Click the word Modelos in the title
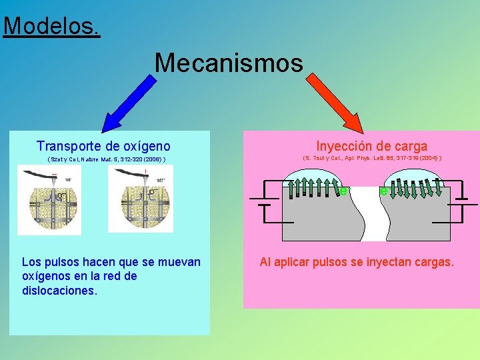[x=51, y=26]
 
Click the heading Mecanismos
[x=229, y=63]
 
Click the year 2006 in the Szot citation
[x=151, y=160]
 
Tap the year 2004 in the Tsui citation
[x=426, y=159]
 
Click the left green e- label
[x=343, y=191]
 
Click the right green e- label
[x=383, y=191]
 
